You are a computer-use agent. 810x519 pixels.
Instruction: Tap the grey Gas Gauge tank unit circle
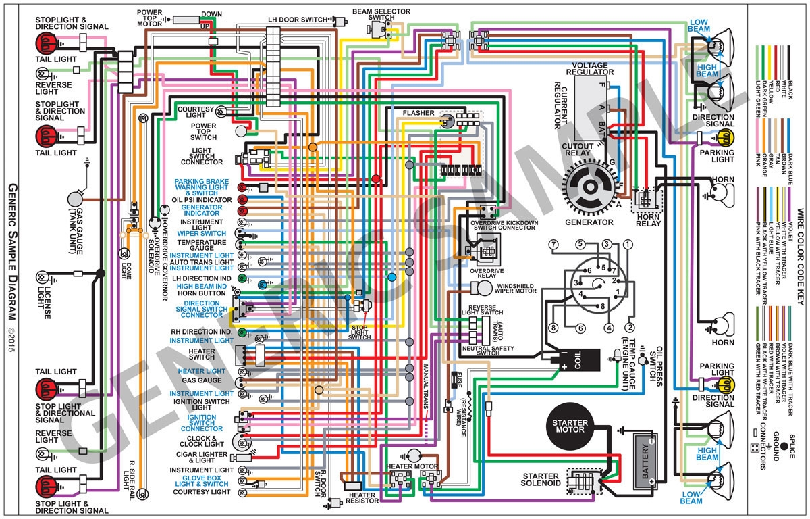[x=75, y=200]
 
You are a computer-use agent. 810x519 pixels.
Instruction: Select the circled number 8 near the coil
[x=553, y=328]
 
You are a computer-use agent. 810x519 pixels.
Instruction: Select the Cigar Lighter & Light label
[x=200, y=458]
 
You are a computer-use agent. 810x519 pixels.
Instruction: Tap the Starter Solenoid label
[x=540, y=480]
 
